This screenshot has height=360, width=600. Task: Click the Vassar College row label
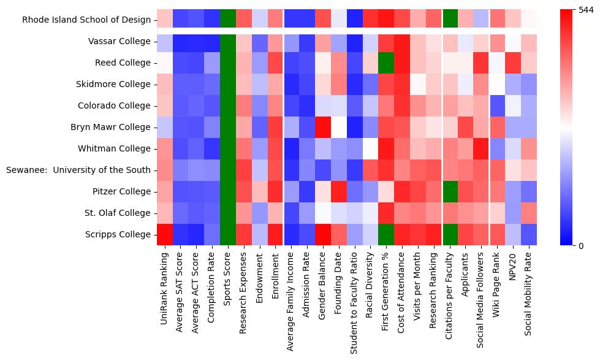coord(120,41)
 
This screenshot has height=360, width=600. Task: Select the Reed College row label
coord(124,63)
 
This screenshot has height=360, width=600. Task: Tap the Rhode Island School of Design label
coord(86,20)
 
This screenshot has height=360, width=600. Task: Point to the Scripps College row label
coord(120,234)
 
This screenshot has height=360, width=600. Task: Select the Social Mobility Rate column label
coord(530,291)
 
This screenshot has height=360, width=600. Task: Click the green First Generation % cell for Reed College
coord(387,63)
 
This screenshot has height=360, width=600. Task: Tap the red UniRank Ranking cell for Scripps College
coord(164,234)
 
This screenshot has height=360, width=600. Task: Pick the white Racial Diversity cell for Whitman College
coord(371,148)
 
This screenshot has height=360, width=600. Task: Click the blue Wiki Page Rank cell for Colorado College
coord(498,105)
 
